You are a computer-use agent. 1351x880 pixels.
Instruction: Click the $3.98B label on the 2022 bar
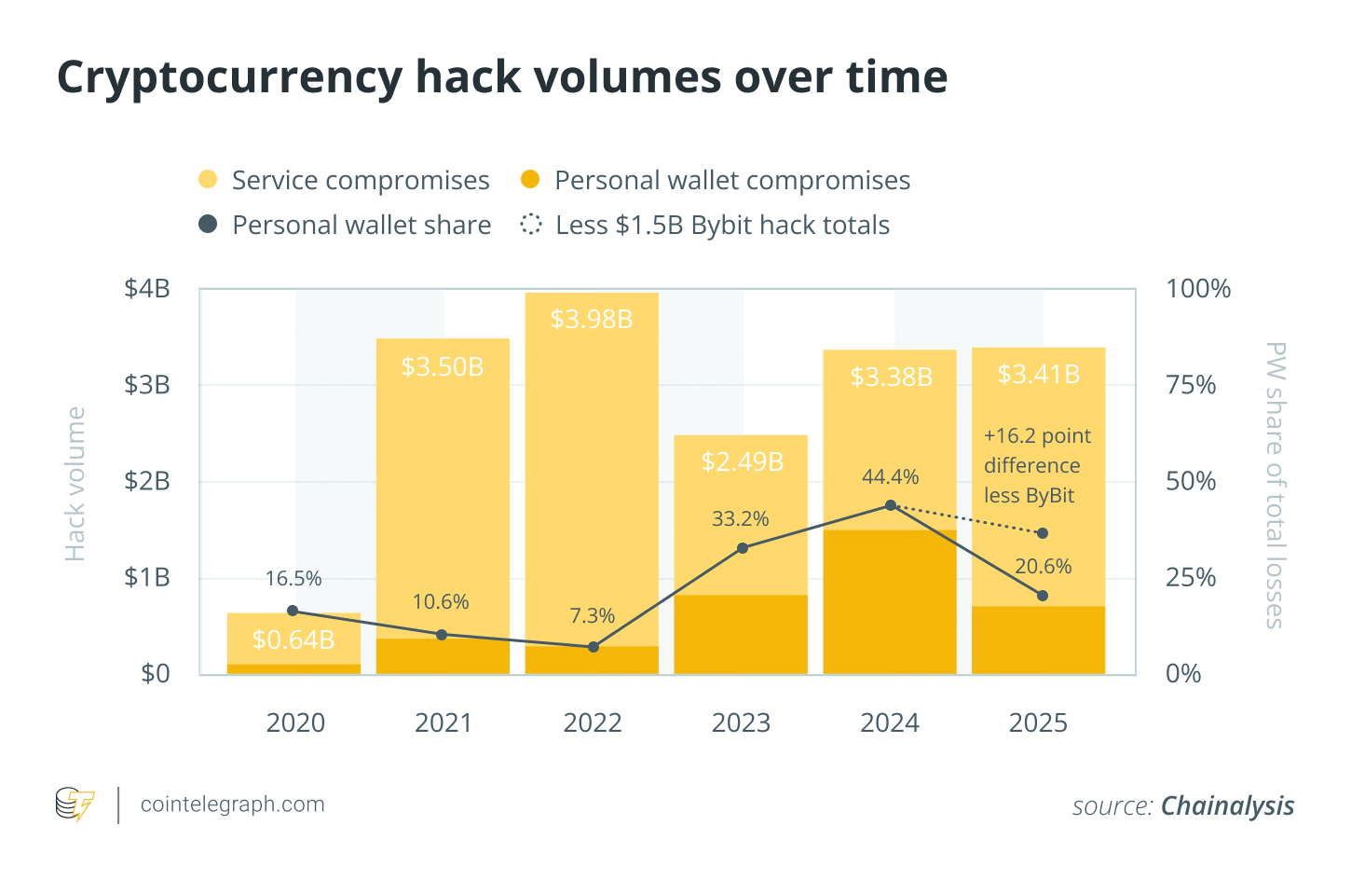(x=592, y=320)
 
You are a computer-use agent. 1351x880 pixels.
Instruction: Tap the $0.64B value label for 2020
(x=293, y=639)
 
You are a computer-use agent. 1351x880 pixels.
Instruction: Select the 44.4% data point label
(x=890, y=477)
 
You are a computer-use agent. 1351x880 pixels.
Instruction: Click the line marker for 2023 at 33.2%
(x=743, y=548)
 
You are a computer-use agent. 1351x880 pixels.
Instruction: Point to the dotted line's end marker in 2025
(x=1043, y=533)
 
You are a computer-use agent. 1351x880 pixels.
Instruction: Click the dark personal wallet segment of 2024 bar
(x=890, y=601)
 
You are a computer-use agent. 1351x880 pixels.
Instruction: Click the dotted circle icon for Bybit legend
(x=531, y=225)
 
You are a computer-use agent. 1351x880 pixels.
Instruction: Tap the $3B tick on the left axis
(x=147, y=385)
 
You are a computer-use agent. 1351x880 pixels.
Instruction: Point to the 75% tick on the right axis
(x=1191, y=385)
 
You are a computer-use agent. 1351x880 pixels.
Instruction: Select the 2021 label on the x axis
(x=444, y=723)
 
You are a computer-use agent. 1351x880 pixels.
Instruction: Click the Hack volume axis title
(x=75, y=484)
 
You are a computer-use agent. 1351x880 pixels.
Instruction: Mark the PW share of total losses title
(x=1275, y=485)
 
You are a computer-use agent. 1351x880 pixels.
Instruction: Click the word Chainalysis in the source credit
(x=1227, y=805)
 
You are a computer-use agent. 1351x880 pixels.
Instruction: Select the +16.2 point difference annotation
(x=1037, y=466)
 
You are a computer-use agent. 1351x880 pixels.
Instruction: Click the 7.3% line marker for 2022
(x=594, y=646)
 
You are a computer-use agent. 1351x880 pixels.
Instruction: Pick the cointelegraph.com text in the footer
(x=232, y=804)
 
